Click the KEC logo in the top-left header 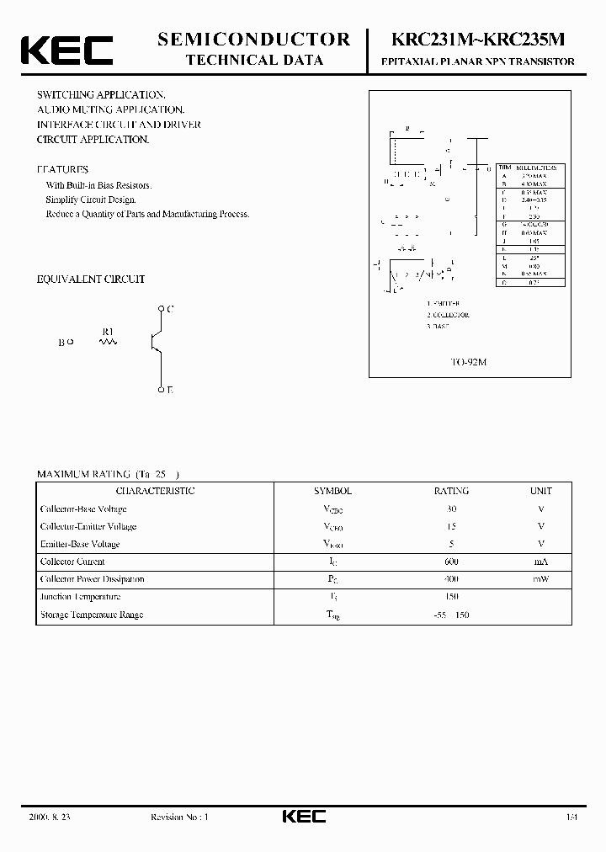(66, 50)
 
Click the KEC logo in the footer (303, 817)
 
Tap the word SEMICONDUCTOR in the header (254, 39)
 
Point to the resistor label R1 (108, 332)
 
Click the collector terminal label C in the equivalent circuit (170, 309)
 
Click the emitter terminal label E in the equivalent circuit (170, 390)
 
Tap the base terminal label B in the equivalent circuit (61, 343)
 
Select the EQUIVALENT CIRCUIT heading (91, 279)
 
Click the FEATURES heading (62, 169)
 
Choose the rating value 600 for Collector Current (451, 562)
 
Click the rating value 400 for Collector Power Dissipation (451, 579)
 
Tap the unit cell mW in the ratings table (540, 579)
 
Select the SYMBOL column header (332, 491)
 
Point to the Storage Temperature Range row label (92, 615)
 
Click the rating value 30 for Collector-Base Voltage (451, 509)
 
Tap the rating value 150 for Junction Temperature (451, 597)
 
